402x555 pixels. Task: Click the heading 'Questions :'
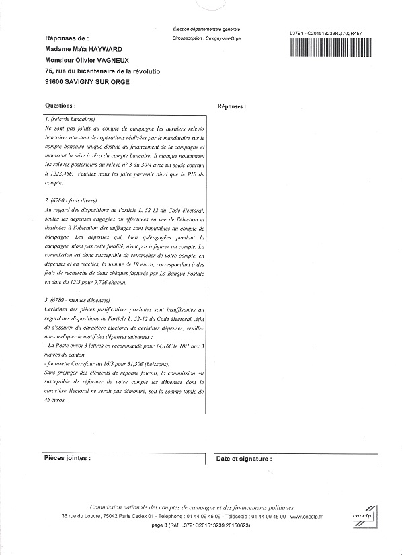[60, 106]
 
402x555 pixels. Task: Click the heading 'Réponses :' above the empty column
[232, 106]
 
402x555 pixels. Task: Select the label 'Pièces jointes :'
[67, 457]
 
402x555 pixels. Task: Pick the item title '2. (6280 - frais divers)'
[71, 200]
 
